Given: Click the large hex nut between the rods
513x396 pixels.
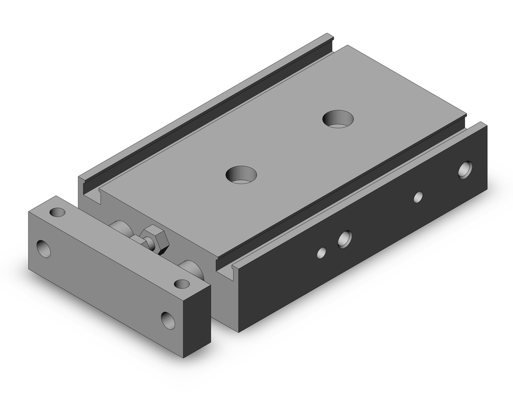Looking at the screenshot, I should pos(152,237).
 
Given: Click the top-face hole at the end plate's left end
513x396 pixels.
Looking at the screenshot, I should pos(56,211).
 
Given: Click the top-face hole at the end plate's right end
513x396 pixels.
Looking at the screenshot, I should pos(181,284).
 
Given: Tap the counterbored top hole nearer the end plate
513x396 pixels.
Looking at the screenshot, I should pos(241,174).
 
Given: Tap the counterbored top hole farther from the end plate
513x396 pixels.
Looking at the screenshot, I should pos(338,118).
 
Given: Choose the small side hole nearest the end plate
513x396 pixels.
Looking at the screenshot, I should pos(322,252).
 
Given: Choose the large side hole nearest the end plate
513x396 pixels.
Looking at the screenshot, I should pos(345,237).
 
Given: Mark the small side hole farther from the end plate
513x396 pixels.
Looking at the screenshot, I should pos(419,196).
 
